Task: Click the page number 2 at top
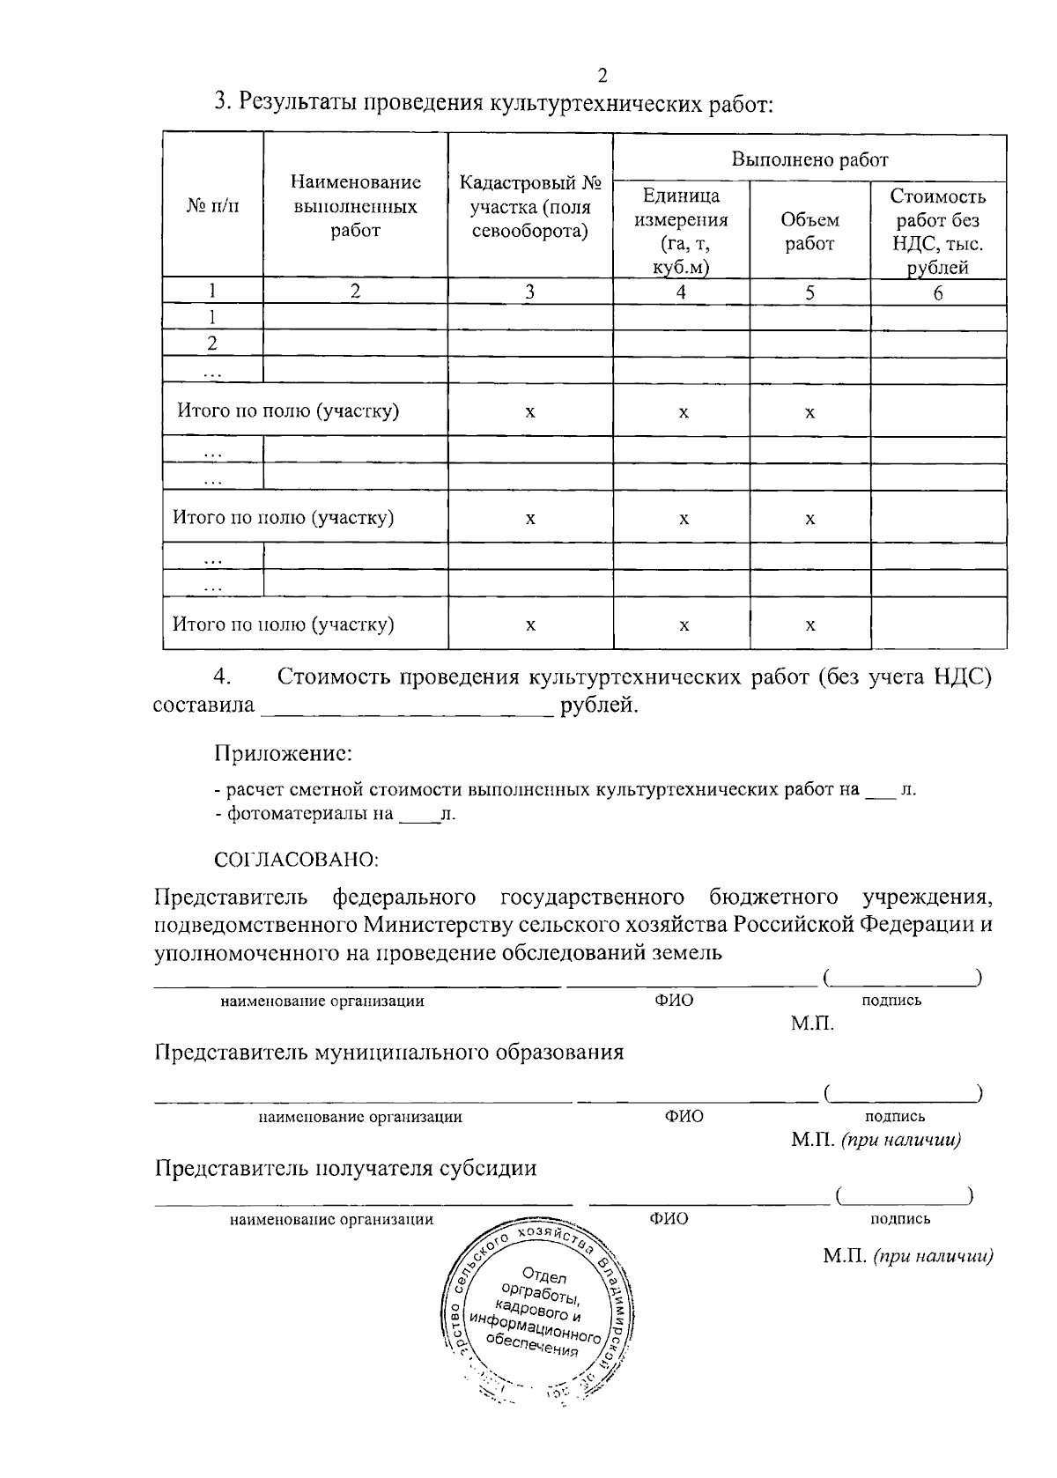[602, 75]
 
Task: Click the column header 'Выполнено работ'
[809, 159]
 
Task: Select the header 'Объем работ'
[809, 232]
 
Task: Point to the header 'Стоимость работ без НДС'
[937, 232]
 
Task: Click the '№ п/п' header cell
[212, 207]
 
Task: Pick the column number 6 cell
[938, 293]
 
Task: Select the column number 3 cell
[529, 293]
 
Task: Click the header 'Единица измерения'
[681, 232]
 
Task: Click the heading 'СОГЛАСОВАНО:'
[296, 858]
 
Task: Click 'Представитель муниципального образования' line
[389, 1052]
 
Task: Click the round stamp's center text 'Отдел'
[544, 1275]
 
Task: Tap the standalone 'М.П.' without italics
[812, 1024]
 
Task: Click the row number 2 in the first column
[212, 344]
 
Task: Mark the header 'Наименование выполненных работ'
[355, 207]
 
